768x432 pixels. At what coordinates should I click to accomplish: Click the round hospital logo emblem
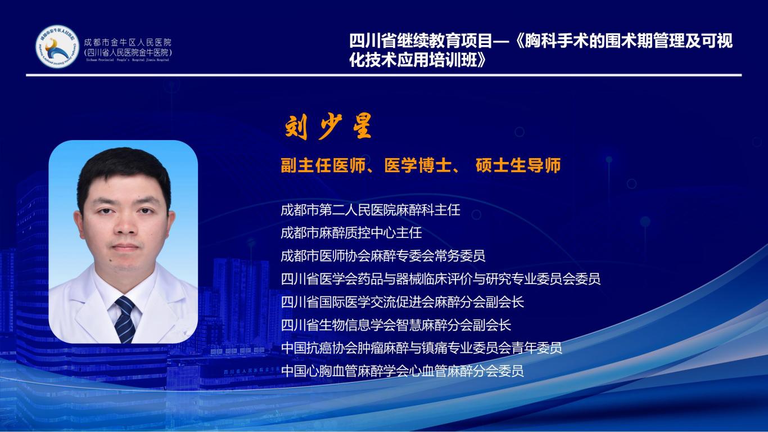click(57, 46)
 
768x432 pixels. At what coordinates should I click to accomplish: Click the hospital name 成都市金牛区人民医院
click(128, 43)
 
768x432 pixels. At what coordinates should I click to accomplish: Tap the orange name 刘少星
click(328, 127)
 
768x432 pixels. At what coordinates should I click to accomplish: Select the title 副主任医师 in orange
click(323, 165)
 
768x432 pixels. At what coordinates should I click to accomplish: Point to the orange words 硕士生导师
click(518, 165)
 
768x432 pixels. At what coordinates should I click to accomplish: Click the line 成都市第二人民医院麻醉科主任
click(371, 210)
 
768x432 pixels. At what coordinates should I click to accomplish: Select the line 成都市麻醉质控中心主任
click(351, 233)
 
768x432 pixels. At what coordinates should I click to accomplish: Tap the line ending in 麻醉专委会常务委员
click(383, 256)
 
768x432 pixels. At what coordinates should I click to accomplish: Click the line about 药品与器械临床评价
click(441, 279)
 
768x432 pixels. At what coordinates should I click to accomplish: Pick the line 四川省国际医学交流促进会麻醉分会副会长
click(402, 302)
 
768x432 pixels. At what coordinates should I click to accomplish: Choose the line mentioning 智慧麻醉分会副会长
click(396, 325)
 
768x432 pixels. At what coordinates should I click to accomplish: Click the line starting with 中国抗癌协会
click(421, 348)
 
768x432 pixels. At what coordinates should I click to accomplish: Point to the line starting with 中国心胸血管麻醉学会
click(402, 371)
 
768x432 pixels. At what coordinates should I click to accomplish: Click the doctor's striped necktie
click(125, 319)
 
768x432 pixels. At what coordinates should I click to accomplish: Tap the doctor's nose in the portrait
click(125, 227)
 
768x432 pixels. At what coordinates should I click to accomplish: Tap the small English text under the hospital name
click(128, 60)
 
